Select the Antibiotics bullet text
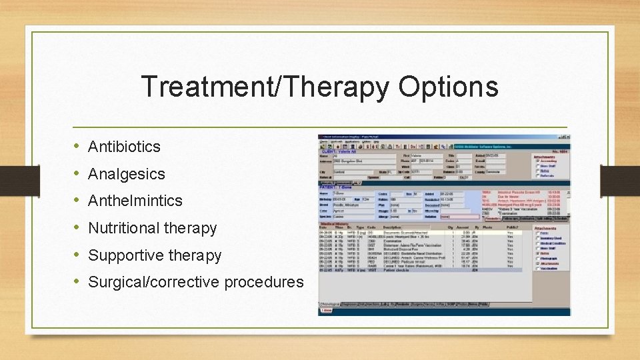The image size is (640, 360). tap(124, 147)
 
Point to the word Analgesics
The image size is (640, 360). tap(126, 174)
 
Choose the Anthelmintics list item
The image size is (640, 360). tap(135, 201)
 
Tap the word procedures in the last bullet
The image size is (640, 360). tap(263, 282)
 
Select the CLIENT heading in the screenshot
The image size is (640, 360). tap(333, 151)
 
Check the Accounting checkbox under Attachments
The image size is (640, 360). tap(538, 161)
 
